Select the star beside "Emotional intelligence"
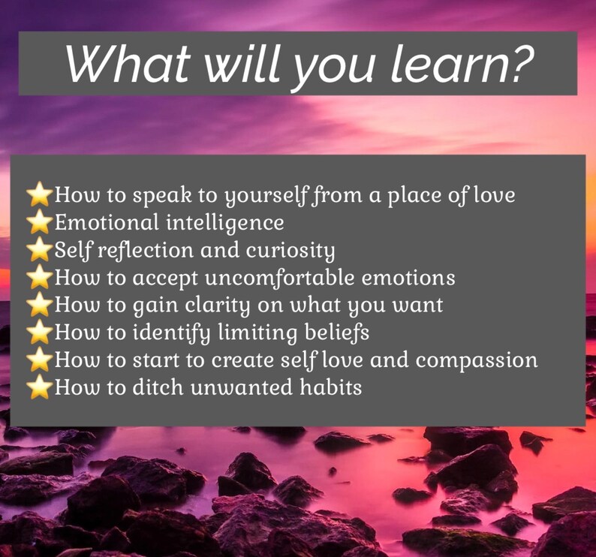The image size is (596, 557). point(40,223)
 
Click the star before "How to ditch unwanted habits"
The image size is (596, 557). point(40,388)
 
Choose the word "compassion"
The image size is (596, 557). point(477,360)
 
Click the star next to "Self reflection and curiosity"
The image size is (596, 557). point(40,250)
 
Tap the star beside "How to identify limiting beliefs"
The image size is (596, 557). point(40,333)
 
